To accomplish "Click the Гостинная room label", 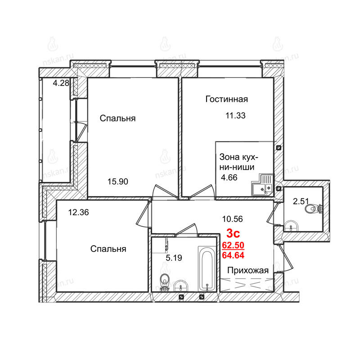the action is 227,99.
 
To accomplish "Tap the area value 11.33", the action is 235,116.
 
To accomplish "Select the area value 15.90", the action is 118,182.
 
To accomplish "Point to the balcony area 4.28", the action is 61,83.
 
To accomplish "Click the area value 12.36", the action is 78,212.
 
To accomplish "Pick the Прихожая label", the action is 248,270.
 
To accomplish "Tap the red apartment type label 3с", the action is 233,233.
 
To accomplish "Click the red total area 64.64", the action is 233,255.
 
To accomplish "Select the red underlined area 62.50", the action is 233,245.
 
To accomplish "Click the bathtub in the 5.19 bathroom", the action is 207,269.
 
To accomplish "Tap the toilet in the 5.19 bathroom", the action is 164,283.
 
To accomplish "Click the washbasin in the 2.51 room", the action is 291,226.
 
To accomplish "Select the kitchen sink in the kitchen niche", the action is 262,185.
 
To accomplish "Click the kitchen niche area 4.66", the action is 229,177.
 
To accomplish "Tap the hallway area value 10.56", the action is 233,219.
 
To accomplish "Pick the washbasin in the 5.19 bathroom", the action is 181,286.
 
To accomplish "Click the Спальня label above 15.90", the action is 117,118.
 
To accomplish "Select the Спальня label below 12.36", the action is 108,249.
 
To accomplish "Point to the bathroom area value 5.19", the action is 174,258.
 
